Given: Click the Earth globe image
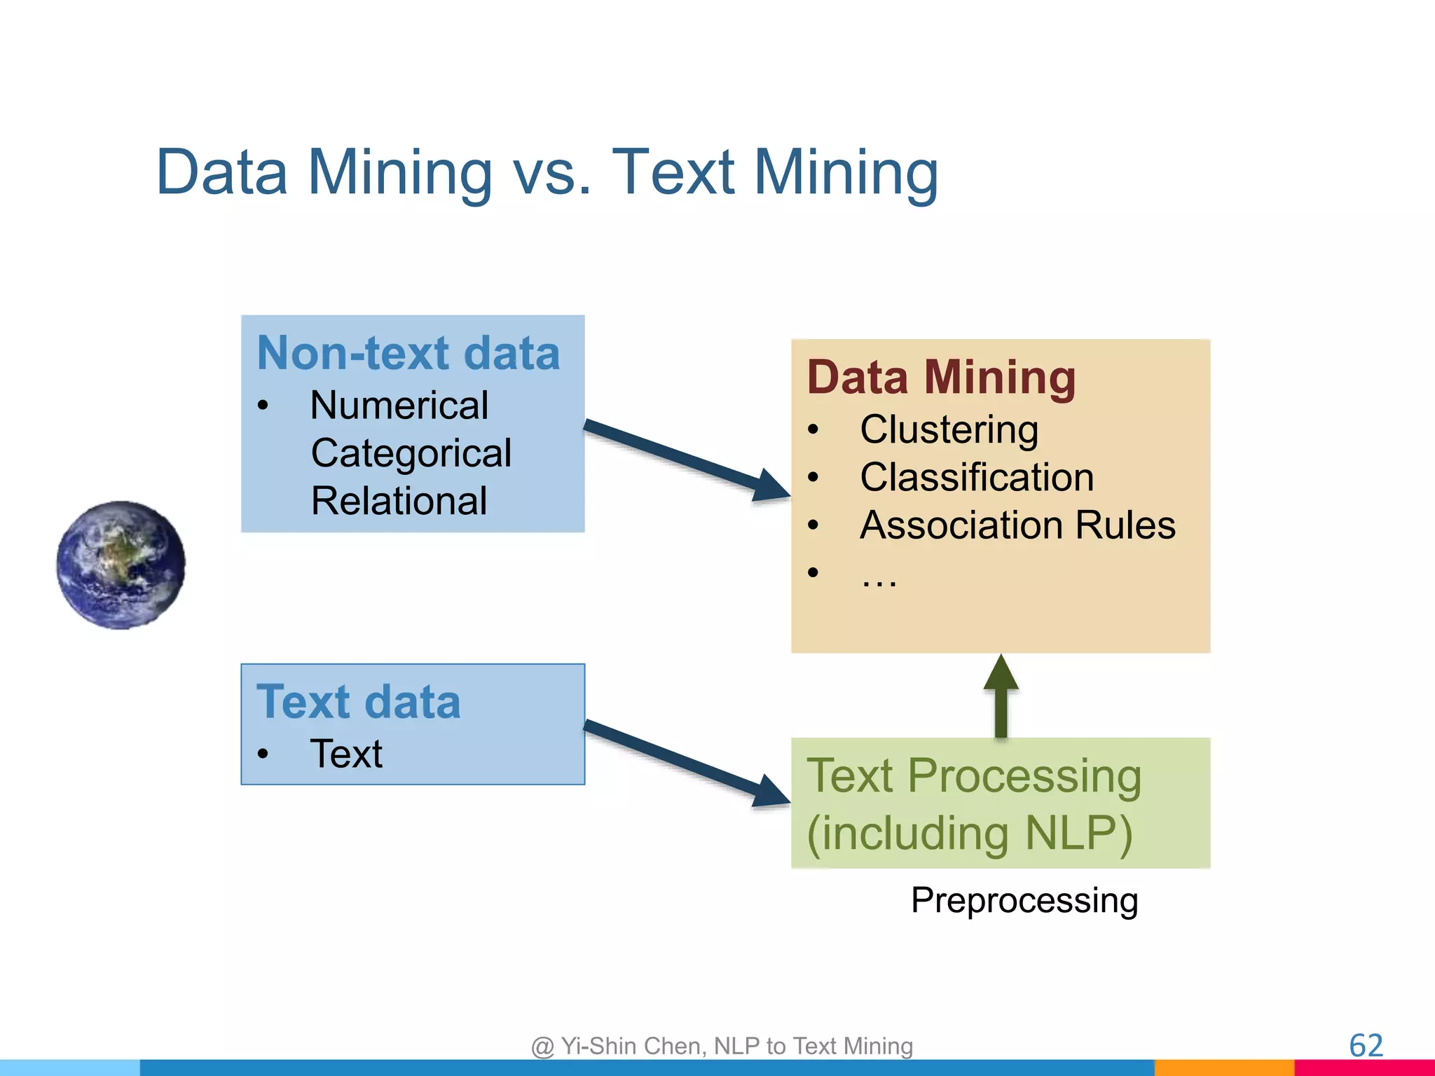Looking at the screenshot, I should [121, 565].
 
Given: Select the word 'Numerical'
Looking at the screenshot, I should [399, 405].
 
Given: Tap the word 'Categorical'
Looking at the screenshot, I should [411, 453].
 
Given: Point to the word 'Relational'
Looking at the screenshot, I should [399, 501].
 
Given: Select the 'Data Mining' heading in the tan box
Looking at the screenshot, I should [941, 377].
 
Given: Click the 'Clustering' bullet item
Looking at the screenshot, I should [949, 429].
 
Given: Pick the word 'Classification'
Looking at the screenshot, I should [977, 477].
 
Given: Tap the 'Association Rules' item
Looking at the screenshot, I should [1017, 525].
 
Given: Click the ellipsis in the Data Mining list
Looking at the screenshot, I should [879, 578].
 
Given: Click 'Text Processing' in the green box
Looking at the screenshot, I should [974, 776].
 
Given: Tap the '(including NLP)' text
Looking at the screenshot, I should [969, 833].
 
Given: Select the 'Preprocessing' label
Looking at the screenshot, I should [1024, 900].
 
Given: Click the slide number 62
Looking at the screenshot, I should [1366, 1046].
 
